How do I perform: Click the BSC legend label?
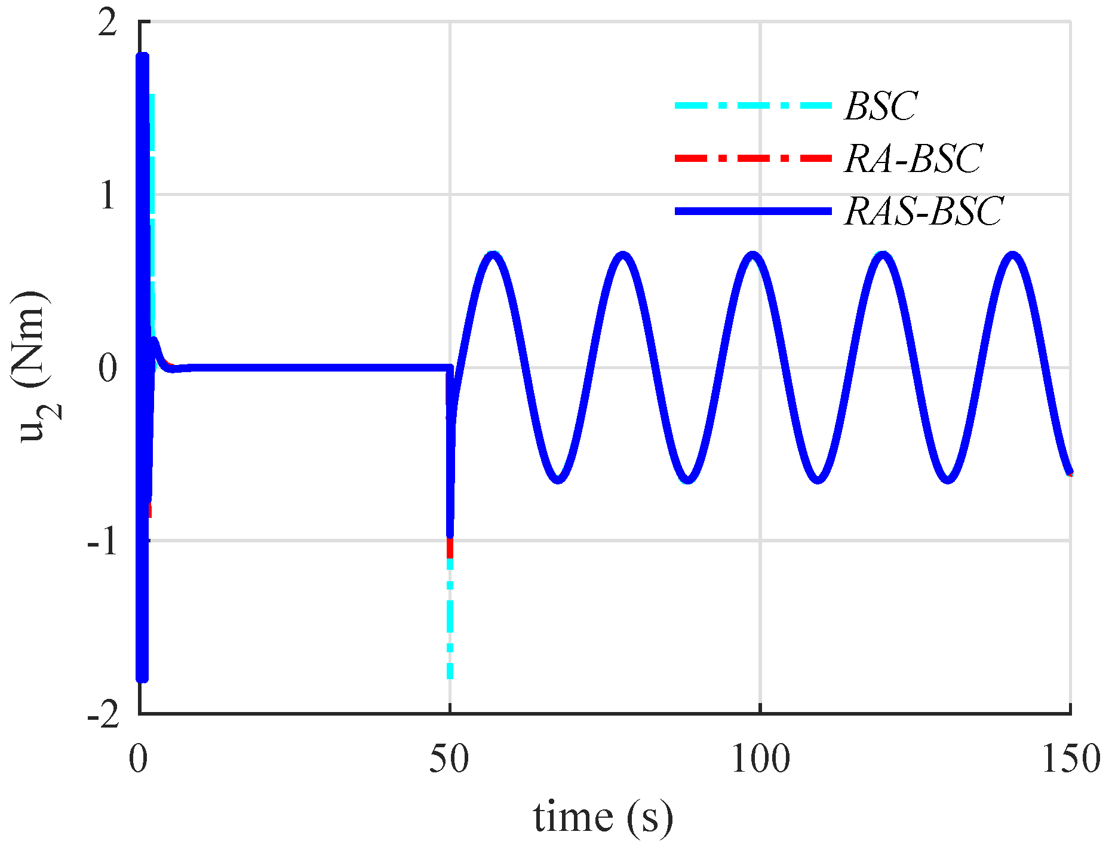click(881, 106)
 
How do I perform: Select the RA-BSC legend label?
click(913, 159)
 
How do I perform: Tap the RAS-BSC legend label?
click(924, 211)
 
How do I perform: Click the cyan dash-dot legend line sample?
click(753, 106)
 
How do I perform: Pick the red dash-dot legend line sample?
click(753, 158)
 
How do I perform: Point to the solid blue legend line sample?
click(753, 211)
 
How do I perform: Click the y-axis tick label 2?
click(107, 25)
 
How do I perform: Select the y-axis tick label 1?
click(107, 195)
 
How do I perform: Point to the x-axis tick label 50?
click(449, 760)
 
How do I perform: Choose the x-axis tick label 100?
click(760, 760)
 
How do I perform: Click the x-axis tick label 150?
click(1070, 760)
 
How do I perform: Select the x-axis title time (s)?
click(603, 817)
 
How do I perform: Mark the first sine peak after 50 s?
click(493, 255)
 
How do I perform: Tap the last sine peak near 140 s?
click(1013, 255)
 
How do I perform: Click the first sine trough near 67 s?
click(558, 480)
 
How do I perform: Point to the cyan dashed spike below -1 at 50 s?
click(450, 621)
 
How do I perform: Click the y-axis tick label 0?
click(107, 368)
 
